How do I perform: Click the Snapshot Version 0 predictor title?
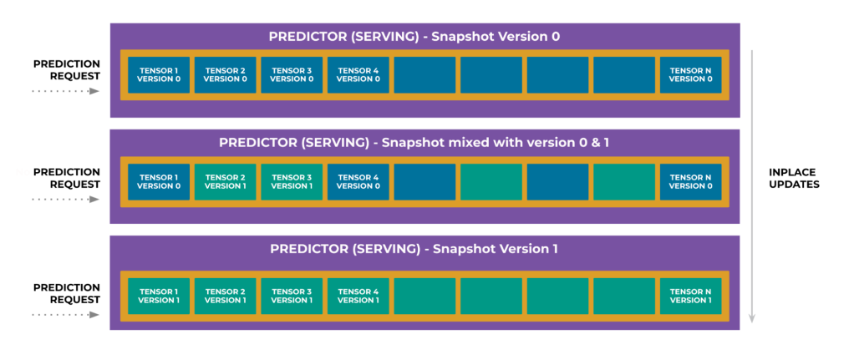tap(414, 37)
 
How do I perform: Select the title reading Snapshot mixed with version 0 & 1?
tap(414, 143)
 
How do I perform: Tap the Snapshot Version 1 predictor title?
tap(414, 249)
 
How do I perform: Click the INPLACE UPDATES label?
tap(794, 178)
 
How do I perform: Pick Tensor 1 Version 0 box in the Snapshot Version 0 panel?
tap(159, 75)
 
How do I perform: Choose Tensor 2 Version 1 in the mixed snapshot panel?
tap(225, 182)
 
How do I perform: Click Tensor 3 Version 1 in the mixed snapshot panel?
tap(292, 182)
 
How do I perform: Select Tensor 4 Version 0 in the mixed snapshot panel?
tap(358, 182)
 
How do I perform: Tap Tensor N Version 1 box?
tap(690, 297)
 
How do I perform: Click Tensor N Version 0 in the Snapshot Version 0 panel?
tap(690, 75)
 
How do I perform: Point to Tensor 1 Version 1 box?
tap(159, 297)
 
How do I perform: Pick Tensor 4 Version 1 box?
tap(358, 297)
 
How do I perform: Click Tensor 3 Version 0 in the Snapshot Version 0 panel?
tap(292, 75)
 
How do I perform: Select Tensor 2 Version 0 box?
tap(225, 75)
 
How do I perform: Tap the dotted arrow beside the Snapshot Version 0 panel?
tap(65, 91)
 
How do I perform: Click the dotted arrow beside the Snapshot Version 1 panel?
tap(65, 314)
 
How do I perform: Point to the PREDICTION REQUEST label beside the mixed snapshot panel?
tap(67, 178)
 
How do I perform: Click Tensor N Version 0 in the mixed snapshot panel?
tap(690, 182)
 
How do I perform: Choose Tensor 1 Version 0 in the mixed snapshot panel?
tap(159, 182)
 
